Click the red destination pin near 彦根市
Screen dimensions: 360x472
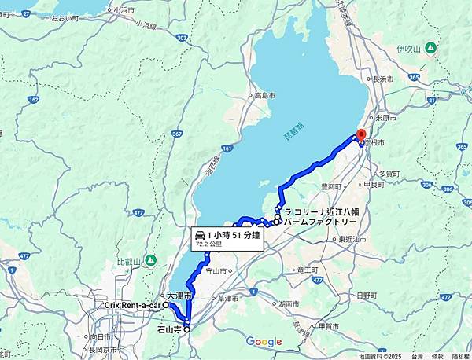(x=361, y=135)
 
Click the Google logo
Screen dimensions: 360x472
(x=264, y=341)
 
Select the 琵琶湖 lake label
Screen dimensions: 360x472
(x=291, y=136)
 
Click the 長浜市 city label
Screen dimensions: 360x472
(x=383, y=79)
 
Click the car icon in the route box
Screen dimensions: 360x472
(x=200, y=235)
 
